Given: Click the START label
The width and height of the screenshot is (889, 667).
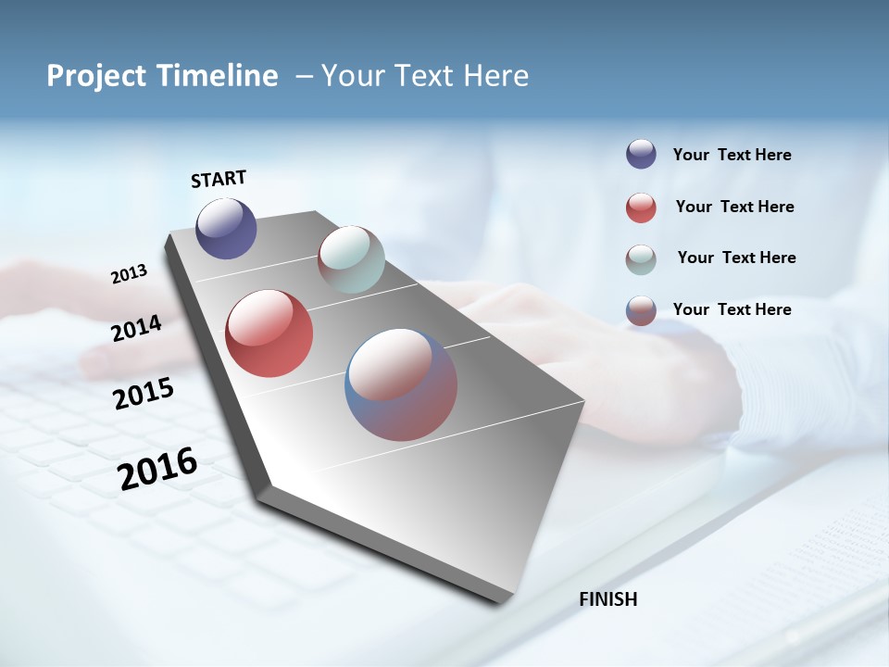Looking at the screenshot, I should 219,179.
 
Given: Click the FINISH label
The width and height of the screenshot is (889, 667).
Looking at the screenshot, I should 608,599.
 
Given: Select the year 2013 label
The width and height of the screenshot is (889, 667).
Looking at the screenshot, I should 129,274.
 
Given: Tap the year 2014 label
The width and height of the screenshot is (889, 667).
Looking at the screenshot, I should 136,329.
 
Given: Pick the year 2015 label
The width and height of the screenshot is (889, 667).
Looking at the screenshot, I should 144,394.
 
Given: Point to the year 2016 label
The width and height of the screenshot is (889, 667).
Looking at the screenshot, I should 157,468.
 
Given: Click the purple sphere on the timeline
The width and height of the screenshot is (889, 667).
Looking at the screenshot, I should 226,228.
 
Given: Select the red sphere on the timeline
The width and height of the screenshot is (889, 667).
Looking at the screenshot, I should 269,333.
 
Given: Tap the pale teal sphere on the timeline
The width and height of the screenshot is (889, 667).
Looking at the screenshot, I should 351,259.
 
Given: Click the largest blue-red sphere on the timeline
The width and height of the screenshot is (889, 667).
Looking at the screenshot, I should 401,384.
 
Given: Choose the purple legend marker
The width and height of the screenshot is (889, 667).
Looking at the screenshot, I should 641,155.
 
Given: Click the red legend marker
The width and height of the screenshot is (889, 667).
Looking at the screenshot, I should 641,208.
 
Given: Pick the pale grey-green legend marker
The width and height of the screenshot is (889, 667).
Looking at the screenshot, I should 641,259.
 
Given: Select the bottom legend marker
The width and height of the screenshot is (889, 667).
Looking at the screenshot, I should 641,310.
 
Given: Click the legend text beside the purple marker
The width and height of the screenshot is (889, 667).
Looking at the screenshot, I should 732,155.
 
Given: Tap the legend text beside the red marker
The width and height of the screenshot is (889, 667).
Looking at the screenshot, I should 734,207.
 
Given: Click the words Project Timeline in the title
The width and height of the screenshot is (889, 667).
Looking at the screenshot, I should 162,76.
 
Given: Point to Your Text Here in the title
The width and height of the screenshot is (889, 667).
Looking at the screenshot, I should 424,76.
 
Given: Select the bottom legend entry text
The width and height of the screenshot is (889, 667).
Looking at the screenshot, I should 732,309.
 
